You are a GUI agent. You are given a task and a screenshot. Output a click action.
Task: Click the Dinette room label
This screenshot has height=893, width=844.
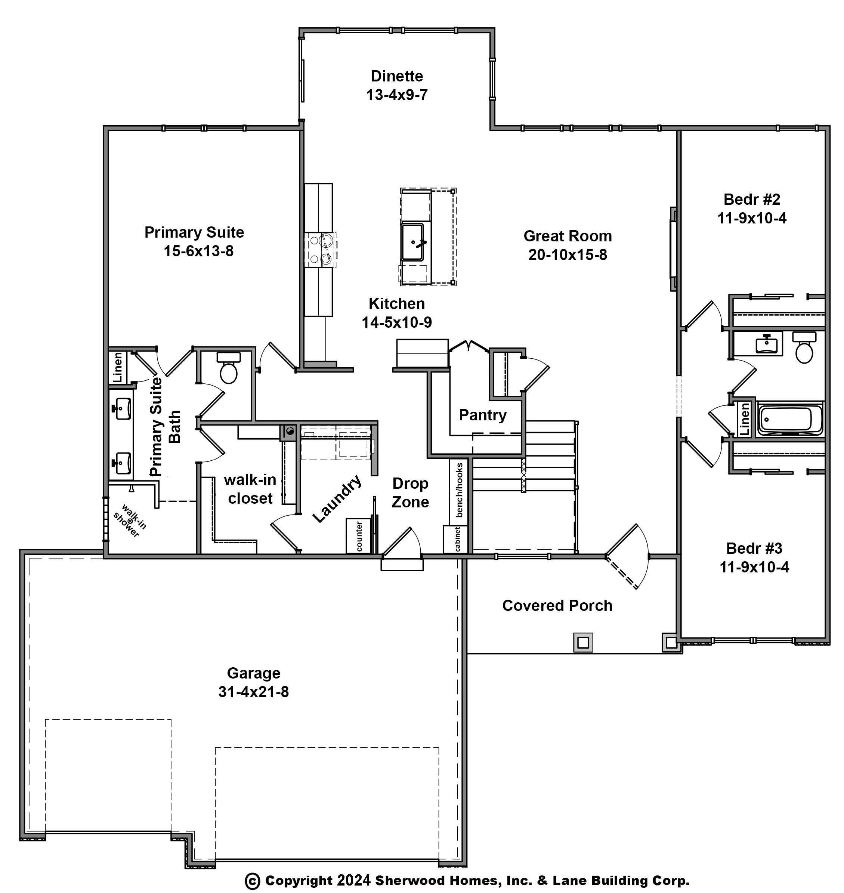coord(396,76)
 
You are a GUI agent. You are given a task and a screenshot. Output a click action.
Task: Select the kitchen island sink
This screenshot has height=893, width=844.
coord(412,242)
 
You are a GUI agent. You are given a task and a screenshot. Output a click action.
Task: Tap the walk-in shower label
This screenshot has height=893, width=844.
coord(130,520)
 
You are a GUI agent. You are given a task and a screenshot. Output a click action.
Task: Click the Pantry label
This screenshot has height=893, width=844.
coord(482,415)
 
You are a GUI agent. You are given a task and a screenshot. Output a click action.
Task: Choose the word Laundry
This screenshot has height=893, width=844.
coord(337,498)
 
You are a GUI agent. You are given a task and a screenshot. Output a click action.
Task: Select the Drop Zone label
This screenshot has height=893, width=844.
coord(410,492)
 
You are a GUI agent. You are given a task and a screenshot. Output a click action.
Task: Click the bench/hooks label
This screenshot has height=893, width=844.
coord(459,490)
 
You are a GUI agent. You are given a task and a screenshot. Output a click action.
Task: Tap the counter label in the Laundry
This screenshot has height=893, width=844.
coord(359,536)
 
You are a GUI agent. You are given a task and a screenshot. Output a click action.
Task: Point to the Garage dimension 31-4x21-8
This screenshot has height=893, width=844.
coord(253,692)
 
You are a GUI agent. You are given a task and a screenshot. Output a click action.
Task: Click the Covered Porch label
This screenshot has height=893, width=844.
coord(557,606)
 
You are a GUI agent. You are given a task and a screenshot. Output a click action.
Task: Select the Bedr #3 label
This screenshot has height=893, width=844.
coord(754,549)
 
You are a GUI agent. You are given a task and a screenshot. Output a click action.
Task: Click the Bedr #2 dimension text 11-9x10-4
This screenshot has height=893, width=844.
coord(752,218)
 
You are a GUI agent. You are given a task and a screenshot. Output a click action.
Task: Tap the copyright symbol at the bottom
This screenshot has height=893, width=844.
coord(253,881)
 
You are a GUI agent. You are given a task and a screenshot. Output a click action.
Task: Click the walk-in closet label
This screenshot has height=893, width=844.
coord(250,489)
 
